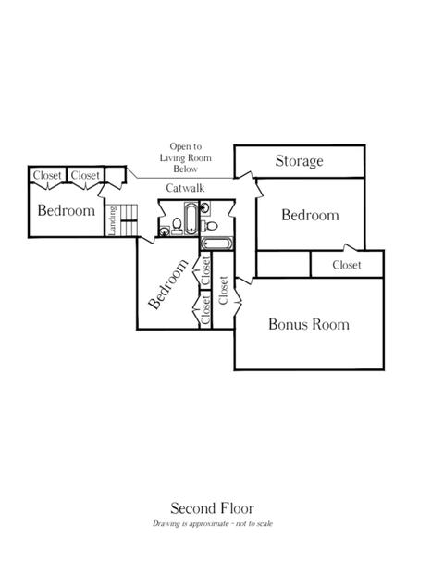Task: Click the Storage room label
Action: [x=300, y=160]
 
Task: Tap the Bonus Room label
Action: [x=309, y=324]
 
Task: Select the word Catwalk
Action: [x=185, y=188]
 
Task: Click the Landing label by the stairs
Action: [x=113, y=220]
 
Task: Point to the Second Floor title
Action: [x=212, y=508]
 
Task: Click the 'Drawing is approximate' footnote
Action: [x=212, y=523]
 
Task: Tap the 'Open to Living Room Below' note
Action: [x=186, y=157]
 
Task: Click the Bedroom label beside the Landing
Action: [x=67, y=210]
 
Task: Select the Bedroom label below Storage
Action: [x=310, y=215]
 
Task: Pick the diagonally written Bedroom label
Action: [x=168, y=284]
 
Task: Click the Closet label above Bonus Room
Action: [x=347, y=265]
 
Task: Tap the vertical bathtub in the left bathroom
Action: [x=191, y=219]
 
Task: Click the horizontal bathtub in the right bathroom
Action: [x=216, y=244]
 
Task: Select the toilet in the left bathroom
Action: [x=177, y=225]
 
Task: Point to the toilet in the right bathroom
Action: [x=211, y=226]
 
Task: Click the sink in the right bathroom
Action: [x=205, y=208]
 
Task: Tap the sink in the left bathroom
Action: [x=165, y=231]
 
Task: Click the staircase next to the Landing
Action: [x=128, y=220]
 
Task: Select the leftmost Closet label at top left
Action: [x=47, y=175]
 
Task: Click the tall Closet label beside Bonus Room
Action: [x=223, y=291]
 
